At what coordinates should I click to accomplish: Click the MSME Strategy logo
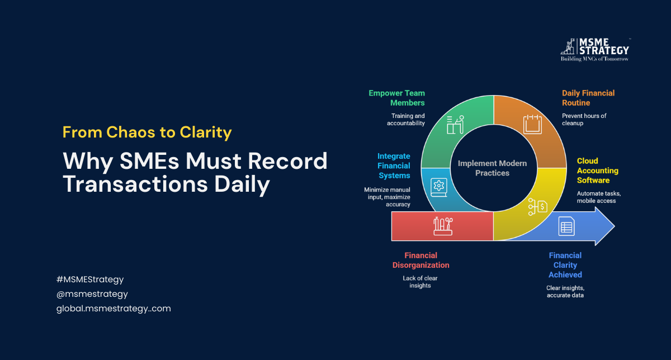[595, 50]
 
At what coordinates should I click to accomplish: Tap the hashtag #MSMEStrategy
[90, 280]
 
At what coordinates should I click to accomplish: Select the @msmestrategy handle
[92, 294]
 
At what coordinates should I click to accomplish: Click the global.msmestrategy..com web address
[114, 309]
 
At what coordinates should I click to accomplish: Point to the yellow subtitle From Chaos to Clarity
[147, 132]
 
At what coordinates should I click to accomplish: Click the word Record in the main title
[287, 161]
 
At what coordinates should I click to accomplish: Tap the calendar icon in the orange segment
[532, 124]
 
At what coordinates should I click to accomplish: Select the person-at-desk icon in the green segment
[455, 125]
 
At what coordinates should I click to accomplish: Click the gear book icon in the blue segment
[439, 187]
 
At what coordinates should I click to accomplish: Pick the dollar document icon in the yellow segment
[538, 207]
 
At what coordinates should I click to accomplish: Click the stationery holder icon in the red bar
[443, 226]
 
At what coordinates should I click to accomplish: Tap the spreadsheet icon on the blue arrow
[566, 226]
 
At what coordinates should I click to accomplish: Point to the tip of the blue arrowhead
[615, 226]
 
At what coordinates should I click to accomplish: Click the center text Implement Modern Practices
[492, 168]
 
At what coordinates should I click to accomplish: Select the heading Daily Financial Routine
[588, 98]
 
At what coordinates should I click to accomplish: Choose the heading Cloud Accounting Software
[598, 170]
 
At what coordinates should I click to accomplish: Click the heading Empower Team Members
[396, 98]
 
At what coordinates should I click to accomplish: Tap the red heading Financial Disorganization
[420, 260]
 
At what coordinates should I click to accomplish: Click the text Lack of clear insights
[420, 282]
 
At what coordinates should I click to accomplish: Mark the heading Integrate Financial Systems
[394, 165]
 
